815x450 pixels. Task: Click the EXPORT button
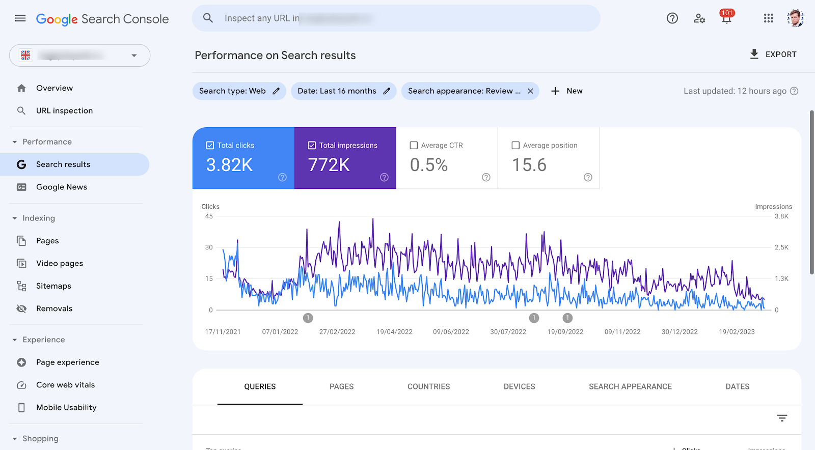tap(773, 54)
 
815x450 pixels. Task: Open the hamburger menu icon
tap(20, 18)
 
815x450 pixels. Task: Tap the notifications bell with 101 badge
tap(726, 18)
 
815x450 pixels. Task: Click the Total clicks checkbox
tap(210, 146)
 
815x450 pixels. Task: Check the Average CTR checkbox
tap(414, 146)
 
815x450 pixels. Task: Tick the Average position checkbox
tap(515, 146)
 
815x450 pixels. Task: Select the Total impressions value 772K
tap(329, 165)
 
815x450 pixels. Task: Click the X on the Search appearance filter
tap(530, 91)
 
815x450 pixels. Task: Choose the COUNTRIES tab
tap(428, 387)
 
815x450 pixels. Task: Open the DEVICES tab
tap(519, 387)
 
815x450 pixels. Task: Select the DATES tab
tap(737, 387)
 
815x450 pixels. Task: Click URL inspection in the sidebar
tap(64, 111)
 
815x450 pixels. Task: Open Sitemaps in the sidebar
tap(53, 286)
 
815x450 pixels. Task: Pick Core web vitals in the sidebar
tap(65, 385)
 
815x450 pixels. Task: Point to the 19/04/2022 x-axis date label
tap(394, 332)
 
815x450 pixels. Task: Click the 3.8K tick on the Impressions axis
tap(781, 216)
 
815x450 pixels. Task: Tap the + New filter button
tap(567, 91)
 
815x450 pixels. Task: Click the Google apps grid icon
tap(768, 18)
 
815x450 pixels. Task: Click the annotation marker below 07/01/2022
tap(308, 318)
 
